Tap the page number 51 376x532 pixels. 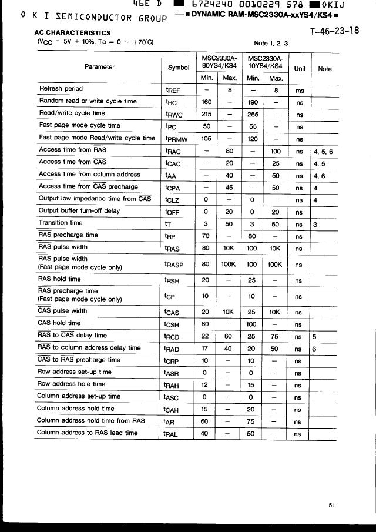[x=332, y=504]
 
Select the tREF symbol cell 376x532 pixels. [x=174, y=90]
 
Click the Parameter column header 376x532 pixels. [x=99, y=66]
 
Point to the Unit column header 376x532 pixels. [x=300, y=68]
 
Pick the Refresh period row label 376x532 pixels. [x=61, y=89]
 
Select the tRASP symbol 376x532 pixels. [x=174, y=265]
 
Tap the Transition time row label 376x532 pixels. [x=61, y=223]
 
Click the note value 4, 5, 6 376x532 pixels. [x=323, y=151]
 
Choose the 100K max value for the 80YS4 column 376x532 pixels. [x=229, y=265]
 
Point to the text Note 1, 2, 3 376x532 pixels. [x=271, y=43]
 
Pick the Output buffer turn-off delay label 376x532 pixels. [x=79, y=210]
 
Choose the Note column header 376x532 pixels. [x=324, y=68]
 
